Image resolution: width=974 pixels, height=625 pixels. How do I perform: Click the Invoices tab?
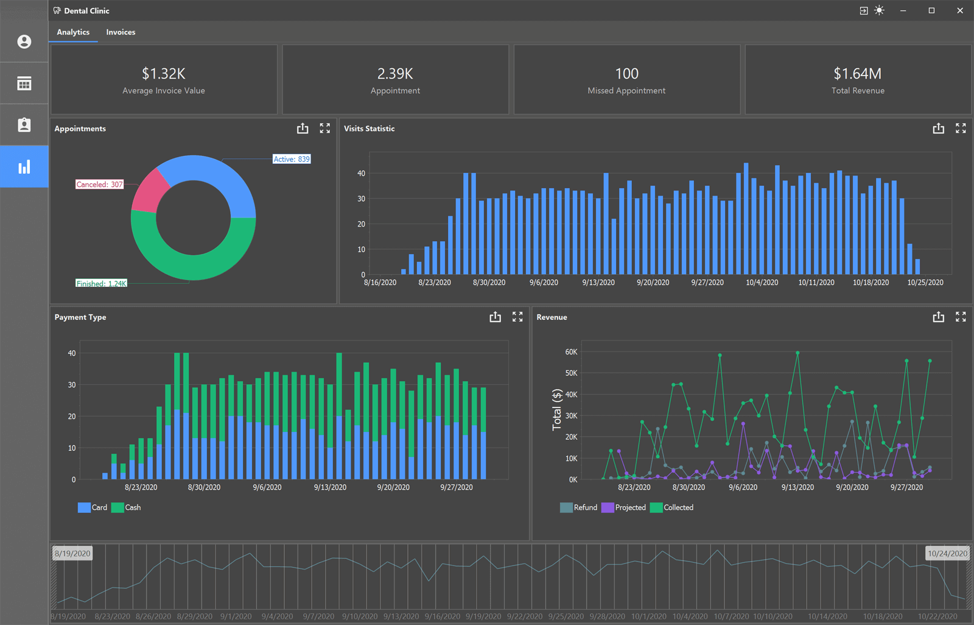pos(121,32)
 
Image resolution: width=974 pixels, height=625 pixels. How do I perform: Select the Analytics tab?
pos(73,32)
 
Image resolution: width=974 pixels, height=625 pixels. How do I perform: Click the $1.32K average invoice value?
pos(163,74)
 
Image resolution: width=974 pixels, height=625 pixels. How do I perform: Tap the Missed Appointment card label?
pos(626,91)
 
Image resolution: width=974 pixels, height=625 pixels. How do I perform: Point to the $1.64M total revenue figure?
pos(857,74)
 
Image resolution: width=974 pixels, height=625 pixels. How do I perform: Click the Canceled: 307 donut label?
pos(99,185)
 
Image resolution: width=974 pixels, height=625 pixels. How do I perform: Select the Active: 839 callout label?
pos(292,159)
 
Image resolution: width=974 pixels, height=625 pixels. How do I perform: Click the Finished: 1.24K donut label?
pos(101,283)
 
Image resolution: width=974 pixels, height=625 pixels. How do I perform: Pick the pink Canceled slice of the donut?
pos(149,192)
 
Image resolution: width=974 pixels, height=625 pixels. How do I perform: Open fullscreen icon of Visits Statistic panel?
pos(961,129)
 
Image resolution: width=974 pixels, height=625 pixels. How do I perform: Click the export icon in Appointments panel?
pos(303,129)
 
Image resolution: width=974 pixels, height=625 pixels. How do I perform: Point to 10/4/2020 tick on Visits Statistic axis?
pos(762,283)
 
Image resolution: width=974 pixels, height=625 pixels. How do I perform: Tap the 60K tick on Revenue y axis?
pos(571,352)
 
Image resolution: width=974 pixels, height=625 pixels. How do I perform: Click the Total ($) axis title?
pos(556,409)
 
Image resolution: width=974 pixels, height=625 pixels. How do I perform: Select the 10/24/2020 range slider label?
pos(947,553)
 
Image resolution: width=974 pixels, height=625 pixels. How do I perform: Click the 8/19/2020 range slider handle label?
pos(72,553)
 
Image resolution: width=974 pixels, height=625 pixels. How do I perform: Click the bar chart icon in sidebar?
pos(24,167)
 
